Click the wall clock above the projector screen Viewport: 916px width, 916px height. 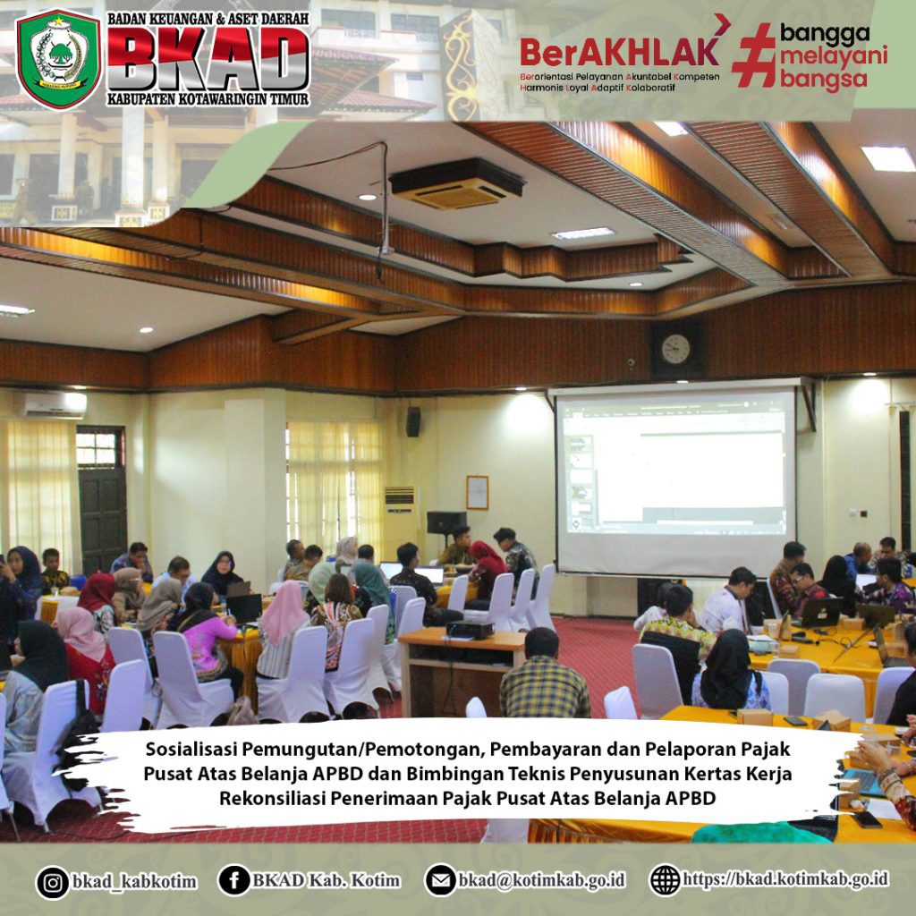tap(675, 350)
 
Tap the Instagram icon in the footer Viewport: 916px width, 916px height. tap(53, 882)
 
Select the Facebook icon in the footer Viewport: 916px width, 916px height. tap(234, 880)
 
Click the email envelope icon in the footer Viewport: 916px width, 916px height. tap(440, 880)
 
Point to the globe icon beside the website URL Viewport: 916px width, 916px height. tap(665, 880)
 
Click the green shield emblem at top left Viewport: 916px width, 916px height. tap(58, 58)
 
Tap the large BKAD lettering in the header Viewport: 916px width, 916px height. tap(208, 58)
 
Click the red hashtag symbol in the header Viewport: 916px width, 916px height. tap(753, 55)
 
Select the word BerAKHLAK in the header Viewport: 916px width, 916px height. tap(619, 51)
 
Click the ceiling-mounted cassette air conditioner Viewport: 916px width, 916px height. tap(457, 183)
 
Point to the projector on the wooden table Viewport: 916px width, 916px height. tap(470, 630)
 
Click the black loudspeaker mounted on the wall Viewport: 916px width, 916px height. tap(413, 422)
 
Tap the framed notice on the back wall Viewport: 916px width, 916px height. tap(478, 493)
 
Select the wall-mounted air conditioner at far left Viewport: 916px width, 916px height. tap(51, 404)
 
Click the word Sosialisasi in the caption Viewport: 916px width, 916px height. tap(191, 749)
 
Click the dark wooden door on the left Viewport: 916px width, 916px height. tap(102, 500)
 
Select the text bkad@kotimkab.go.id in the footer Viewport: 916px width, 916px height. tap(541, 880)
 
